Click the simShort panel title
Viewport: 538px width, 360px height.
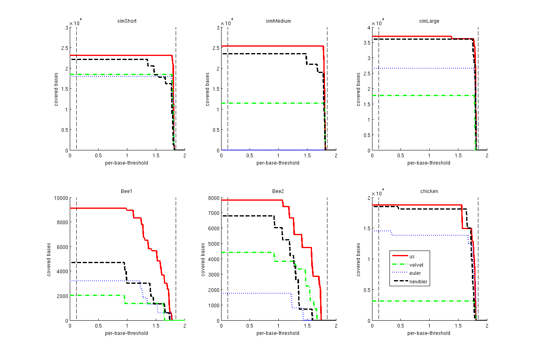(x=127, y=21)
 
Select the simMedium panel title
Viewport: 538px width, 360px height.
(x=278, y=21)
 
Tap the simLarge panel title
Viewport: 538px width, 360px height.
(x=429, y=21)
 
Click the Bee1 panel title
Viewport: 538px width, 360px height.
(x=127, y=191)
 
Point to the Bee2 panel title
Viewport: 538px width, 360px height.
(x=278, y=191)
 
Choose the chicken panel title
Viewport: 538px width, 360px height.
(x=429, y=191)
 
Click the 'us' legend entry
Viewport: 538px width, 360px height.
(x=412, y=256)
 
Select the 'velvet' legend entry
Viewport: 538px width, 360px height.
(x=415, y=265)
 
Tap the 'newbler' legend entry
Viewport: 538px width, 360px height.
(x=417, y=282)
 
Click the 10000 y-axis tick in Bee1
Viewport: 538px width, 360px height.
(x=61, y=198)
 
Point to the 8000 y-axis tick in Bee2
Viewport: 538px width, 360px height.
(x=213, y=198)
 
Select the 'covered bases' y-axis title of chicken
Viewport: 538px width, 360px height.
(x=359, y=259)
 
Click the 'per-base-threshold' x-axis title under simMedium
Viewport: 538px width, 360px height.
(x=278, y=163)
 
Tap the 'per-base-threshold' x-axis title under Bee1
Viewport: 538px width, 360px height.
(x=127, y=333)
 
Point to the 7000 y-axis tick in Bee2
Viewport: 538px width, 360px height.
(x=213, y=213)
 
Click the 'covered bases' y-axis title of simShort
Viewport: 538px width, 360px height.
(x=56, y=89)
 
